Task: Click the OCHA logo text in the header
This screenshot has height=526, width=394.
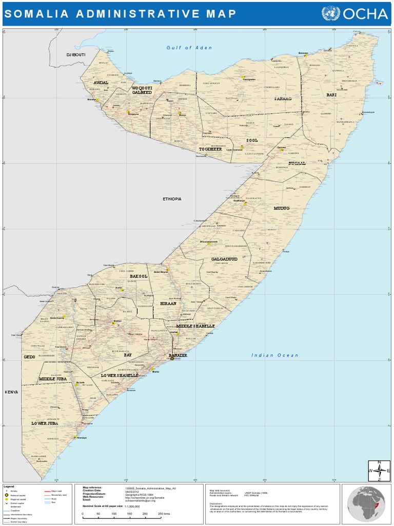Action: coord(365,14)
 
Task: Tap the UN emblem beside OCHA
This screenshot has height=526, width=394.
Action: coord(330,14)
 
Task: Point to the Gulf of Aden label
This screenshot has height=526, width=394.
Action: coord(189,48)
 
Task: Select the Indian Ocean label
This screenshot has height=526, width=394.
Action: coord(274,355)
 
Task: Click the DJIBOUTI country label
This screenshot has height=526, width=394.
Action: coord(75,54)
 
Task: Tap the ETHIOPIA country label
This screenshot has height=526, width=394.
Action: coord(172,199)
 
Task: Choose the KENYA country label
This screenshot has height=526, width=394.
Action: coord(11,392)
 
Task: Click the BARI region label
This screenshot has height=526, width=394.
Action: coord(331,95)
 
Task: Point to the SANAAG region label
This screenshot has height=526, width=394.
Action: coord(282,98)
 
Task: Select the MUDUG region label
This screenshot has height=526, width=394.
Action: coord(282,209)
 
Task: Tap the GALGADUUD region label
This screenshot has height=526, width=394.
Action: coord(224,259)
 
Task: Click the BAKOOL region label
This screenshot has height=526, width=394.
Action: coord(139,276)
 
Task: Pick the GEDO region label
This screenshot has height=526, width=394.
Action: coord(29,356)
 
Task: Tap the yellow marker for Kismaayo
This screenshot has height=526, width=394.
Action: coord(75,438)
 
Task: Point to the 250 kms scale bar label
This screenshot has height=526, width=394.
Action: coord(164,514)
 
